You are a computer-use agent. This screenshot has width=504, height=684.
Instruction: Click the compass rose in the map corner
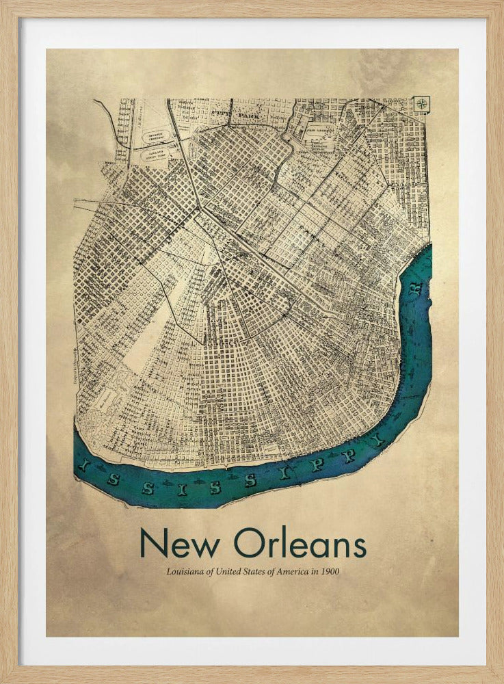tap(422, 103)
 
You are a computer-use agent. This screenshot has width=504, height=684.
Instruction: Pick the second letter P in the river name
tap(349, 456)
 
